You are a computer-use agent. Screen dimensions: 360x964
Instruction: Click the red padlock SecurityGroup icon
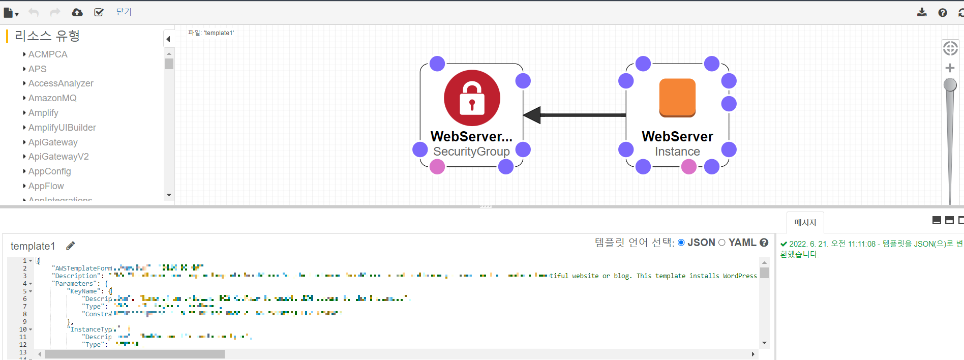[x=472, y=98]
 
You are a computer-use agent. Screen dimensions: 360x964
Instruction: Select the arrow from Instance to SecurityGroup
[x=580, y=115]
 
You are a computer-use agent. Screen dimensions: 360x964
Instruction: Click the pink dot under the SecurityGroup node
[x=437, y=167]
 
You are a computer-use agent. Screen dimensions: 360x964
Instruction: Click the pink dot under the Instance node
[x=689, y=167]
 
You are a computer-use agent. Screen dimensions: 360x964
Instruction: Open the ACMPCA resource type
[x=48, y=54]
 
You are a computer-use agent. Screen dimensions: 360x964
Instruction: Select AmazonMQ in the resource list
[x=52, y=98]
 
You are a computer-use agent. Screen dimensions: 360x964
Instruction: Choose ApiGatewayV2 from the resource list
[x=58, y=157]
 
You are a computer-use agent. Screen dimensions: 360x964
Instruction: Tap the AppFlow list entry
[x=46, y=186]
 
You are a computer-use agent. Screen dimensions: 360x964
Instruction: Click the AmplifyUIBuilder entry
[x=62, y=128]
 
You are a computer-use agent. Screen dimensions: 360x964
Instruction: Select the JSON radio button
[x=681, y=243]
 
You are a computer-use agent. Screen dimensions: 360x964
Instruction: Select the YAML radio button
[x=722, y=243]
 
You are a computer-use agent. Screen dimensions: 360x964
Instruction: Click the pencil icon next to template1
[x=71, y=246]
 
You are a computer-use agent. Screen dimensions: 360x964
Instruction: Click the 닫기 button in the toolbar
[x=124, y=12]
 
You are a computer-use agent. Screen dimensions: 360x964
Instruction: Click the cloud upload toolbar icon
[x=77, y=12]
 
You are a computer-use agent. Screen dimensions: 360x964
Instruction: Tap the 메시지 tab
[x=805, y=223]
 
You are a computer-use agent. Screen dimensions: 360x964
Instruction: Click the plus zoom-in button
[x=950, y=68]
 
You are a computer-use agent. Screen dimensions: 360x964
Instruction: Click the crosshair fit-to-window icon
[x=950, y=48]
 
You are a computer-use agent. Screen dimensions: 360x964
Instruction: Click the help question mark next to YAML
[x=764, y=243]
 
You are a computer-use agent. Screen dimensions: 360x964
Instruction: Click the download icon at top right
[x=922, y=12]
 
